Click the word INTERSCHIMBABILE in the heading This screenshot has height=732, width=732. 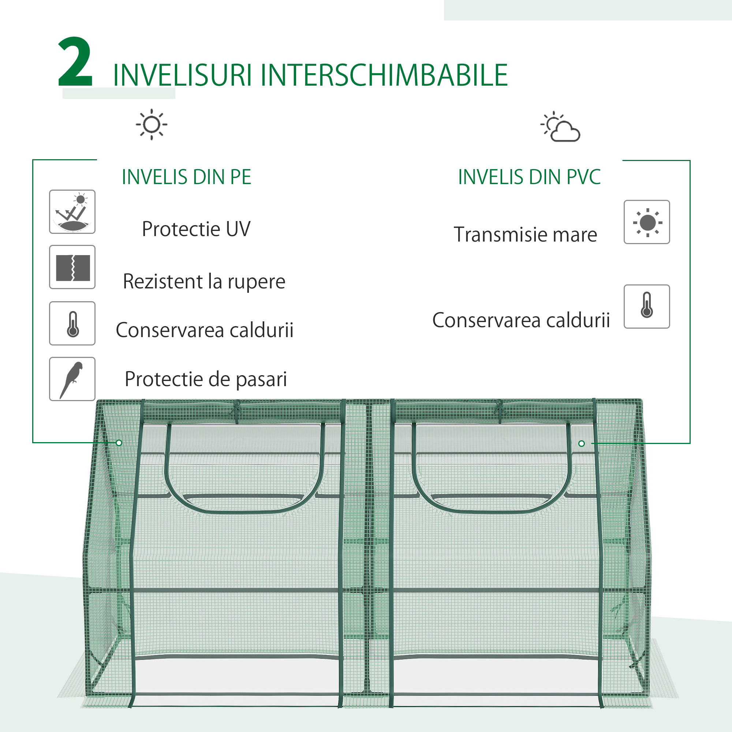tap(384, 75)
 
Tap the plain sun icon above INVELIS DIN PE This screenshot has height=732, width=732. tap(152, 125)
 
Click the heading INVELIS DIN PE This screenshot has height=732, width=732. tap(186, 177)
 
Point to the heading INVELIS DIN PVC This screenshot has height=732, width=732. tap(529, 177)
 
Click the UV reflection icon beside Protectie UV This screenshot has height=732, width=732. tap(72, 212)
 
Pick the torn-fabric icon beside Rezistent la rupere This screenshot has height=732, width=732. tap(72, 267)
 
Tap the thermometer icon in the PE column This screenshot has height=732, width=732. tap(72, 324)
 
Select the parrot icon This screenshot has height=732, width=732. tap(72, 379)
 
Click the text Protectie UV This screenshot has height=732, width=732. tap(196, 229)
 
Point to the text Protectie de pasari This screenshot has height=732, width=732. tap(206, 379)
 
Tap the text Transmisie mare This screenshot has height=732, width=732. tap(525, 235)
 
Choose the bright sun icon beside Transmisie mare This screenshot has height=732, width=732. tap(647, 223)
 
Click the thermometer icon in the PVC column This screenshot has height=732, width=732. tap(647, 306)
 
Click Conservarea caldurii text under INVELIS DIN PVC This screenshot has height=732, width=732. tap(521, 321)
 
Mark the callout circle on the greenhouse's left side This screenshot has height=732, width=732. tap(119, 443)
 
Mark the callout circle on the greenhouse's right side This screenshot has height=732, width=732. tap(582, 444)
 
